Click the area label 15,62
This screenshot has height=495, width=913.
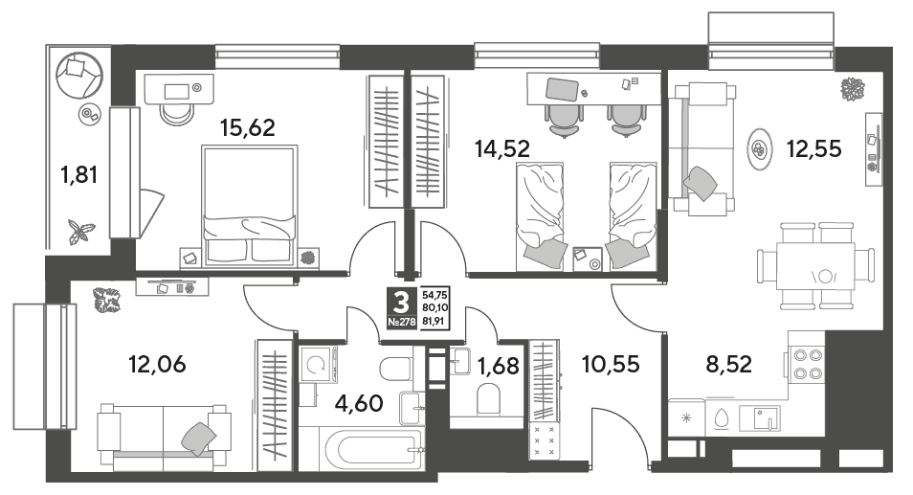pos(248,127)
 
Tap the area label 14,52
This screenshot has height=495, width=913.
pos(502,149)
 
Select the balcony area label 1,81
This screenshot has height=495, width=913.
pos(78,174)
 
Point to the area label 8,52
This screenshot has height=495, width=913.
pos(729,365)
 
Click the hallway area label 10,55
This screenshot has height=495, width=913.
pos(611,365)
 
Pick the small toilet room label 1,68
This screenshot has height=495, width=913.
pos(498,367)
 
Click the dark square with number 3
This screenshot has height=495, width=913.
pos(402,308)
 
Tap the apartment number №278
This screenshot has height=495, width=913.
pos(402,322)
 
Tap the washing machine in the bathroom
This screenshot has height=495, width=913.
pos(320,364)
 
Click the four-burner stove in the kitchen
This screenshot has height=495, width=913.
pos(808,364)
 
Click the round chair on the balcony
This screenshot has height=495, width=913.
pos(79,76)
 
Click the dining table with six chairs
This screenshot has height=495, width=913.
pos(815,266)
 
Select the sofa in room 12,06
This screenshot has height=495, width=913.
pos(164,437)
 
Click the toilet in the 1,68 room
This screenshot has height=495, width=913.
pos(488,400)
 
